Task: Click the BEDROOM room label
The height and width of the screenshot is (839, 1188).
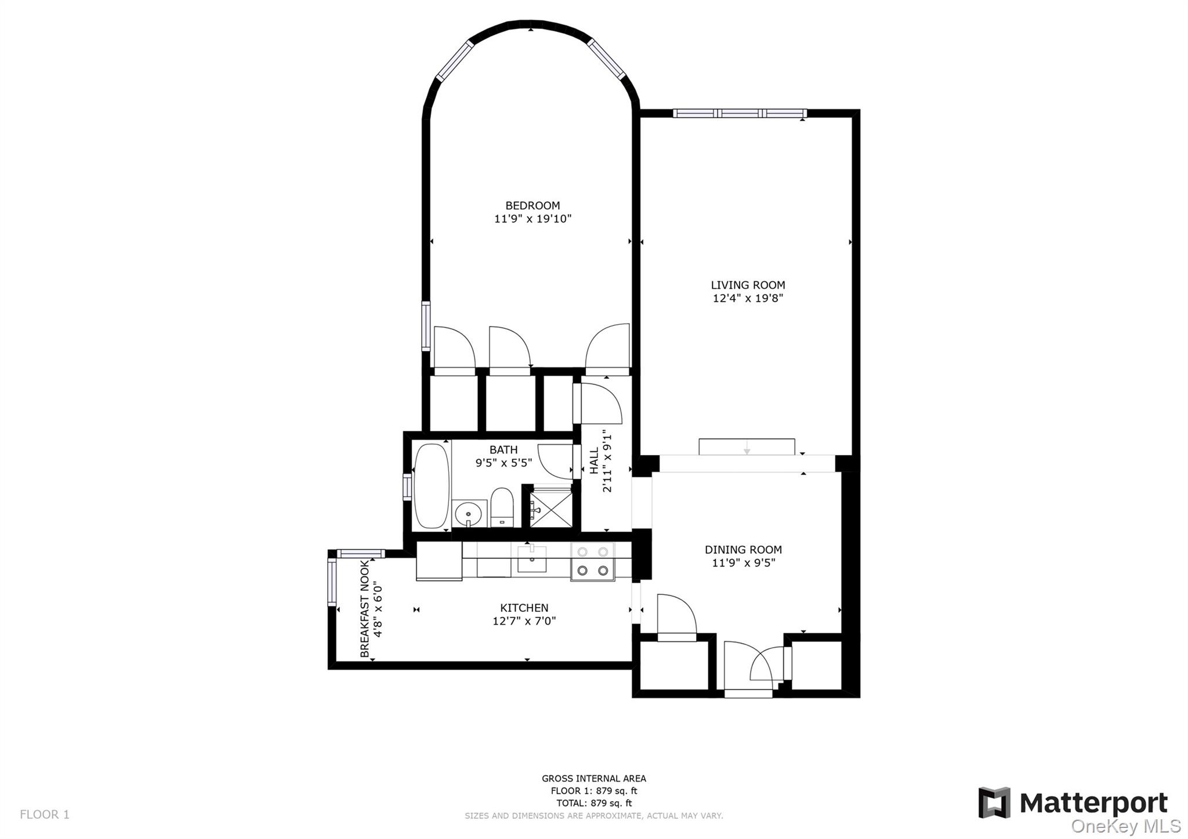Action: click(x=533, y=205)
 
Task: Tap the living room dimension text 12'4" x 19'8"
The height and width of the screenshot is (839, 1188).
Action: click(x=748, y=299)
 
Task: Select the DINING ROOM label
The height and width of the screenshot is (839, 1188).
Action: click(x=743, y=550)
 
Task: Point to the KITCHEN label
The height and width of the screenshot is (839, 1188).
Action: click(x=524, y=608)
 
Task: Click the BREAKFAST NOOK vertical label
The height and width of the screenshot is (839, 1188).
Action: click(x=365, y=609)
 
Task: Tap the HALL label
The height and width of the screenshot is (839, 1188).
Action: click(x=594, y=460)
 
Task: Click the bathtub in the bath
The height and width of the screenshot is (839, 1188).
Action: click(x=432, y=486)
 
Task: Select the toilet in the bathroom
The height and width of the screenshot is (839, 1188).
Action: click(x=502, y=507)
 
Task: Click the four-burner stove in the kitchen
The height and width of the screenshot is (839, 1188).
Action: click(x=592, y=561)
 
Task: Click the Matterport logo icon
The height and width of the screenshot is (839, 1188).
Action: click(x=994, y=802)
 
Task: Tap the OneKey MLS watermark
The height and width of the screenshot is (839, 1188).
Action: click(x=1125, y=826)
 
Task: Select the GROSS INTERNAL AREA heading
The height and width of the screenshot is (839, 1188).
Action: click(x=593, y=779)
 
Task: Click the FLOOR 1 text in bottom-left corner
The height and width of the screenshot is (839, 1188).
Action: click(x=45, y=815)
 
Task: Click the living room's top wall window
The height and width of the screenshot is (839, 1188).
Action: click(x=740, y=113)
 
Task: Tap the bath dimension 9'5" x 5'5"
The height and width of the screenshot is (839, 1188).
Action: click(x=504, y=463)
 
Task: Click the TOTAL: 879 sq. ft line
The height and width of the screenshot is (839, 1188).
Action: click(x=593, y=803)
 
